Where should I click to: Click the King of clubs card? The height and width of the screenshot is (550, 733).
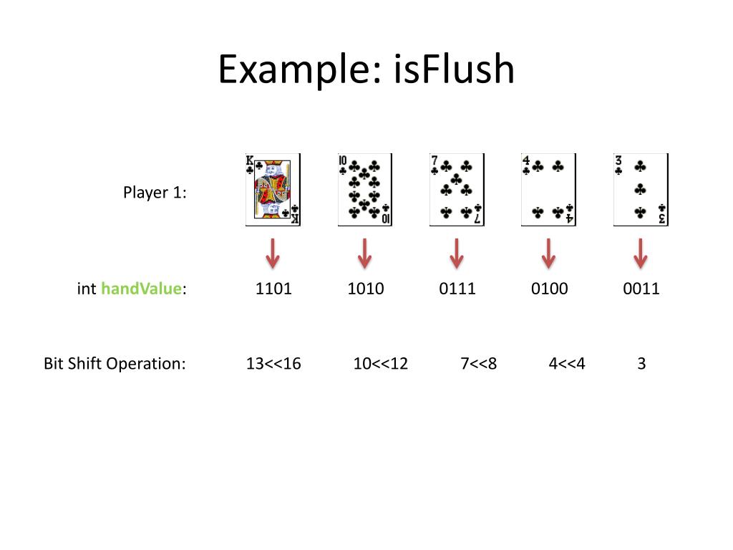click(273, 190)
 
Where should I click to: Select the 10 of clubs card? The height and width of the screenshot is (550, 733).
click(365, 190)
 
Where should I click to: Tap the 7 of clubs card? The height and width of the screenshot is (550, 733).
click(457, 190)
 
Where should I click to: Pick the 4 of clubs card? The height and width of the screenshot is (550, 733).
click(548, 190)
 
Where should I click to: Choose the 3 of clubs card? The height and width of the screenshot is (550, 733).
click(641, 190)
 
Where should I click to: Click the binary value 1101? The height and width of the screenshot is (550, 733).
click(273, 289)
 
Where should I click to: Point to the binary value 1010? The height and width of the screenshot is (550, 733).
click(365, 289)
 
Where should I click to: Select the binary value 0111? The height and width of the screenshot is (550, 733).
click(457, 289)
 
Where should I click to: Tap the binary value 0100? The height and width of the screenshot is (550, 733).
click(549, 289)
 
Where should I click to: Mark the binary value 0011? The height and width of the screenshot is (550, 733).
click(641, 289)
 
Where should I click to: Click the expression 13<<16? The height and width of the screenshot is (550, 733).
click(273, 364)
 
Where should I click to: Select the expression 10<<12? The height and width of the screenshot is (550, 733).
click(381, 364)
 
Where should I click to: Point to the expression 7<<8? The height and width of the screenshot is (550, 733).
click(479, 364)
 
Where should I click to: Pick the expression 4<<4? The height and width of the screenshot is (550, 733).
click(567, 364)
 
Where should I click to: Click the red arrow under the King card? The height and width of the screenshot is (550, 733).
click(273, 253)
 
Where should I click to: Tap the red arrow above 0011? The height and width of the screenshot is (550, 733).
click(641, 253)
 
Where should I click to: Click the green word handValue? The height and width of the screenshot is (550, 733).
click(141, 289)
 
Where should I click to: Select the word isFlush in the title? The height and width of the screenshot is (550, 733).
click(454, 70)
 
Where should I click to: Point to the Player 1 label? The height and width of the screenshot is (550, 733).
click(155, 193)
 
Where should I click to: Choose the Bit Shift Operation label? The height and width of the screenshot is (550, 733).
click(115, 364)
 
